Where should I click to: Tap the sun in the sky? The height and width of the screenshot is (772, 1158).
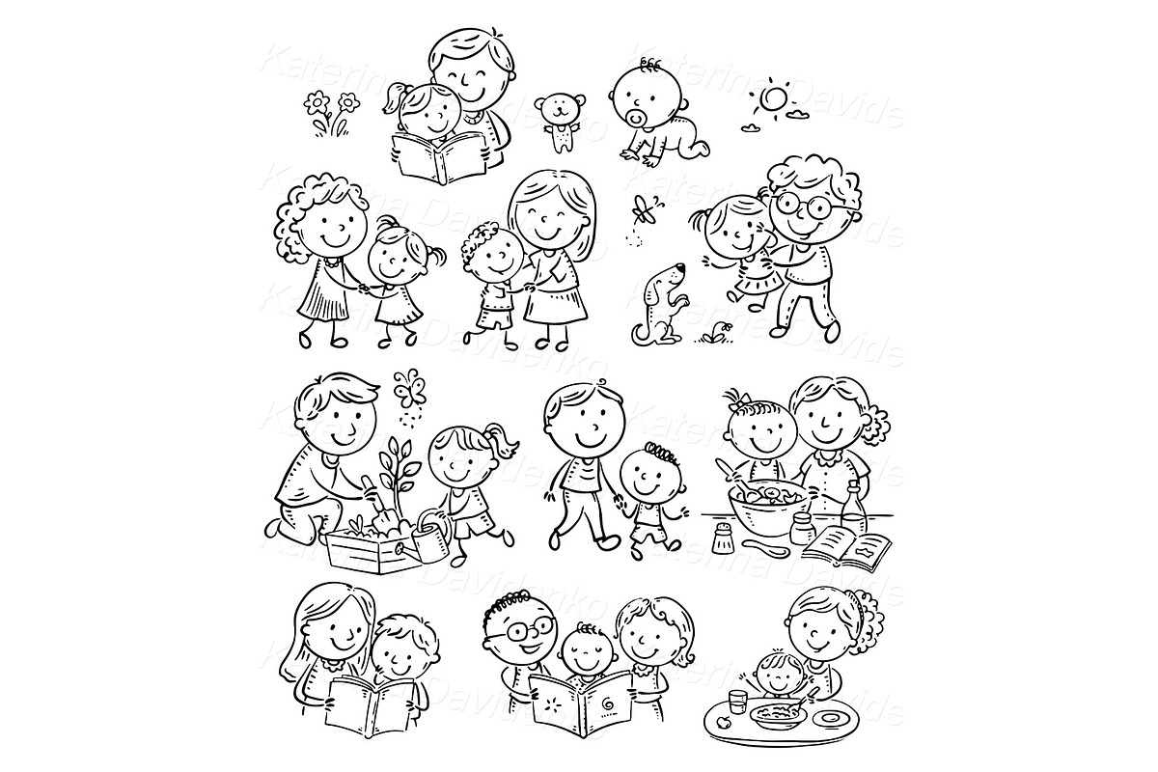point(772,99)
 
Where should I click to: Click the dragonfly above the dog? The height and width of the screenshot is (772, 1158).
point(643,207)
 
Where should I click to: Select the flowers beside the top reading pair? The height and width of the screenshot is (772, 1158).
point(328,113)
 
